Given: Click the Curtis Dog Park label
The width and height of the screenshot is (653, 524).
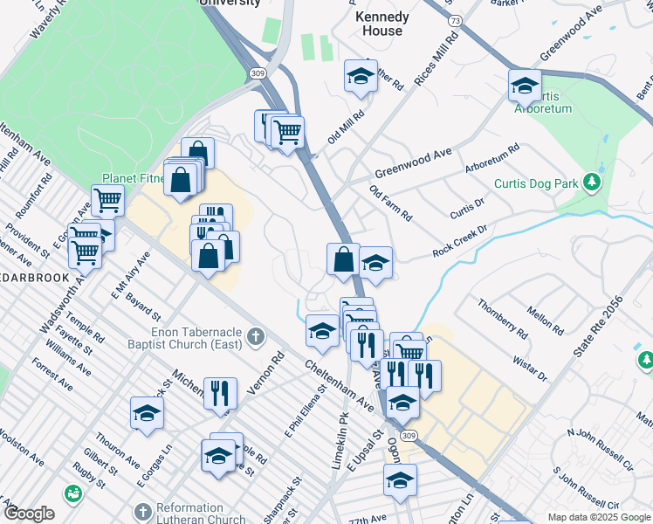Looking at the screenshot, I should click(x=536, y=183).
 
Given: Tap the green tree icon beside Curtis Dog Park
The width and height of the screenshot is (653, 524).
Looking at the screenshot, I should click(x=592, y=182).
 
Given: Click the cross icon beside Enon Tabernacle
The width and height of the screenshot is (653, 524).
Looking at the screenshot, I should click(x=255, y=335).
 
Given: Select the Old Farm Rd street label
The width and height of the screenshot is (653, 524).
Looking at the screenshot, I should click(x=390, y=203).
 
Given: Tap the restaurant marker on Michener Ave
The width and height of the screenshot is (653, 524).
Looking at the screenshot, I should click(x=220, y=392).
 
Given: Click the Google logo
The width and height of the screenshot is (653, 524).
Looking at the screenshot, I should click(x=28, y=514).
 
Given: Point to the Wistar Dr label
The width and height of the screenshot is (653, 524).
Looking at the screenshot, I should click(x=529, y=364).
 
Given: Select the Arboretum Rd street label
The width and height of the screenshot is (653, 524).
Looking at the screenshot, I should click(x=491, y=156).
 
